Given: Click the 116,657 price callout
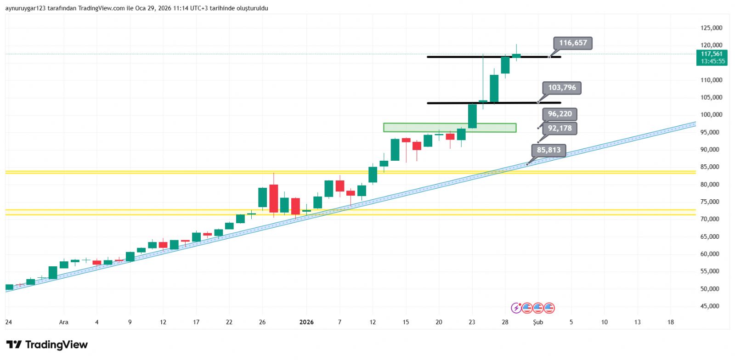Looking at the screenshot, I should click(x=573, y=43).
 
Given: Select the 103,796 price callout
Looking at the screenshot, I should click(x=562, y=88).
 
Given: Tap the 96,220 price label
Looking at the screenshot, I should click(x=560, y=114).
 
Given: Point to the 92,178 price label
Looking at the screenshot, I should click(x=560, y=128).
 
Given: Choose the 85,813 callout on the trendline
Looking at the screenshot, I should click(x=548, y=150).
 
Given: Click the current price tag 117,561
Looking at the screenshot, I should click(x=712, y=54).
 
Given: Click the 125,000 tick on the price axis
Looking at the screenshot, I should click(x=711, y=28).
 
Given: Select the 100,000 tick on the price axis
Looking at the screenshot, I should click(x=711, y=115).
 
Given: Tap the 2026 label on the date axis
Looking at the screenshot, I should click(x=306, y=322).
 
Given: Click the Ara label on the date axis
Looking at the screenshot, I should click(x=63, y=322).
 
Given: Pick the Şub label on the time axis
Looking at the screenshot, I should click(x=538, y=322).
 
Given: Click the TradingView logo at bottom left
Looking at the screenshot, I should click(x=47, y=345).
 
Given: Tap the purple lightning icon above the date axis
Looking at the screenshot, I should click(x=516, y=308).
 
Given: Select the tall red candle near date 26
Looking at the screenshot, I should click(x=273, y=198).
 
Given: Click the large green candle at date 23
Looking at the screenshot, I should click(x=472, y=116).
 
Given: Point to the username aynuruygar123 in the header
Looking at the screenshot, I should click(x=25, y=8).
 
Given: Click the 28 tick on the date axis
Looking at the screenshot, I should click(x=505, y=322).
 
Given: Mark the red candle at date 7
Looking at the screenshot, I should click(x=340, y=186).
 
